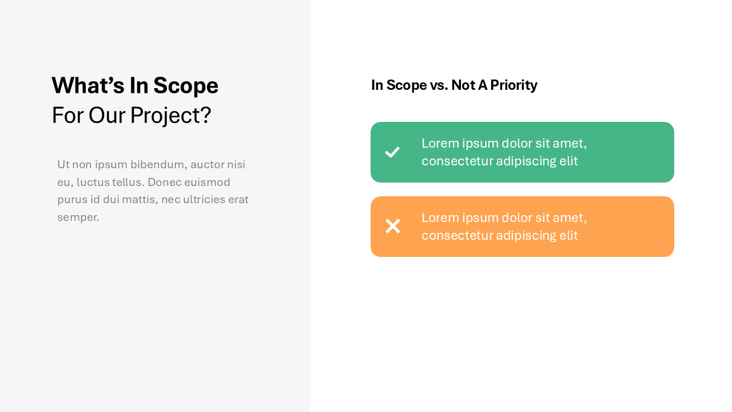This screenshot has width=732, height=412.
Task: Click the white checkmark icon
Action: [x=392, y=152]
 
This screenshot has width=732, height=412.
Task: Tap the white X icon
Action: [x=393, y=226]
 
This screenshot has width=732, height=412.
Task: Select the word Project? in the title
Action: [x=170, y=115]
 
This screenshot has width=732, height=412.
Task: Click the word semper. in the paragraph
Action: [x=78, y=217]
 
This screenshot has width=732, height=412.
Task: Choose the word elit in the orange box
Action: [x=567, y=235]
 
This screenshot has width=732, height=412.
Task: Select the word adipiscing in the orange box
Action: [x=524, y=235]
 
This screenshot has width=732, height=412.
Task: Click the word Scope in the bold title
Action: [x=185, y=85]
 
